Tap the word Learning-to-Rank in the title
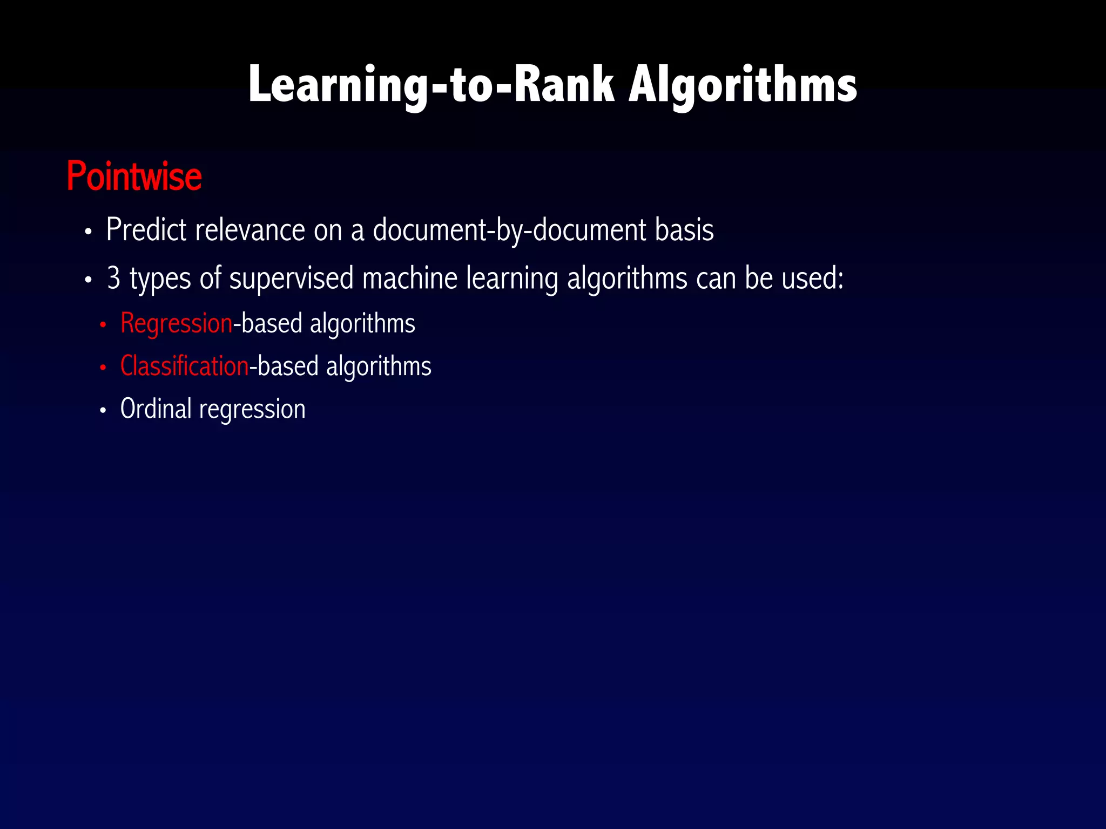point(431,85)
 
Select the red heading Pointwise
point(134,176)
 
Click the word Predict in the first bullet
point(146,230)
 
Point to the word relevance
point(250,230)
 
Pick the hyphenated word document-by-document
point(509,230)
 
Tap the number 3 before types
point(113,278)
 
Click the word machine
point(410,278)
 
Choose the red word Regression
point(177,324)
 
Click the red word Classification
point(184,366)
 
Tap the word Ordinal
point(156,409)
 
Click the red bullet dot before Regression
point(103,325)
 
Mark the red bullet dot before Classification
point(103,368)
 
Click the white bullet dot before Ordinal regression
point(103,410)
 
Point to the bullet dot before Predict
point(89,232)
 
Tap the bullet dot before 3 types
point(89,281)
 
